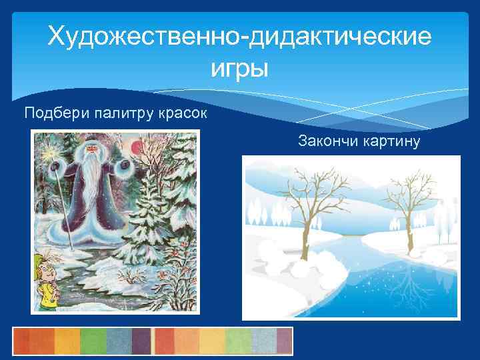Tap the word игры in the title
pos(239,68)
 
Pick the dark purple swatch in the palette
pos(141,341)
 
